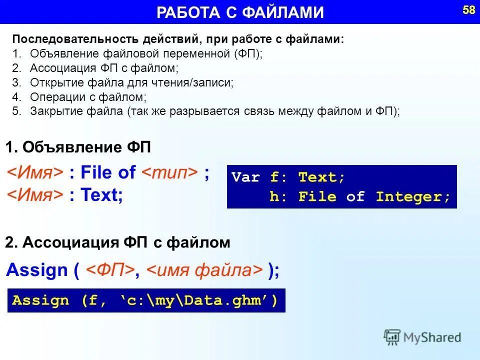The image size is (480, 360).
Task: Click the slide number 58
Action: point(468,10)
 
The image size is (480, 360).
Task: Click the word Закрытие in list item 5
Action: point(53,111)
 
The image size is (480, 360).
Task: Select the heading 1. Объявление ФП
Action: point(78,147)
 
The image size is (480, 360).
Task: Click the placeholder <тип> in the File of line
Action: point(170,173)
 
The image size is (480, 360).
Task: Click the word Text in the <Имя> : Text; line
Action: point(101,195)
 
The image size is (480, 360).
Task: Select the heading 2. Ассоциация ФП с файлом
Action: point(117,243)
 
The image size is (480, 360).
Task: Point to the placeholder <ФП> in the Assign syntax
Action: point(109,270)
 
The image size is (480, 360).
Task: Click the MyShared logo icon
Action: point(392,337)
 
